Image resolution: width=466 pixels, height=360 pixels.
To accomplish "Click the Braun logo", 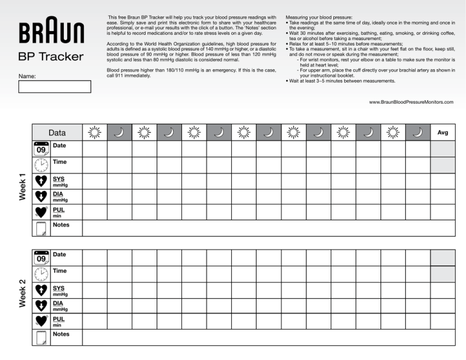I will pos(52,30).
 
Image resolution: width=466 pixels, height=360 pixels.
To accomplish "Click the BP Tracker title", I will pos(52,57).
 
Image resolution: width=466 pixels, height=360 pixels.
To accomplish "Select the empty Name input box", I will pos(55,86).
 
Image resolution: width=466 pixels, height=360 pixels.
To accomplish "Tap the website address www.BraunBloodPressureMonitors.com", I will pos(411,103).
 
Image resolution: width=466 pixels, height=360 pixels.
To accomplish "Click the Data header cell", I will pos(57,132).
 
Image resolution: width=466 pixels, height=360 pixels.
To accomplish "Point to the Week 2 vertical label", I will pos(22,293).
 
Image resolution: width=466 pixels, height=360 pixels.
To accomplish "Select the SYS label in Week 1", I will pos(59,179).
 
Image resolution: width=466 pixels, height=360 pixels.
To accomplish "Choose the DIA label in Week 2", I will pos(58,303).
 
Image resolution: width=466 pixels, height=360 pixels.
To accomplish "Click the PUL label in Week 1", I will pos(58,209).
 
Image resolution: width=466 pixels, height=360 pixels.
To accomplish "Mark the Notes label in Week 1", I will pos(61,225).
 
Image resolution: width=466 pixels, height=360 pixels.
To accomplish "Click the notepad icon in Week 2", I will pos(41,338).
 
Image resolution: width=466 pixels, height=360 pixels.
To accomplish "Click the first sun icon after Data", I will pos(94,132).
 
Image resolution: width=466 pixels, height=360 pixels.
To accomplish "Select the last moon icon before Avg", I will pos(417,132).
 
